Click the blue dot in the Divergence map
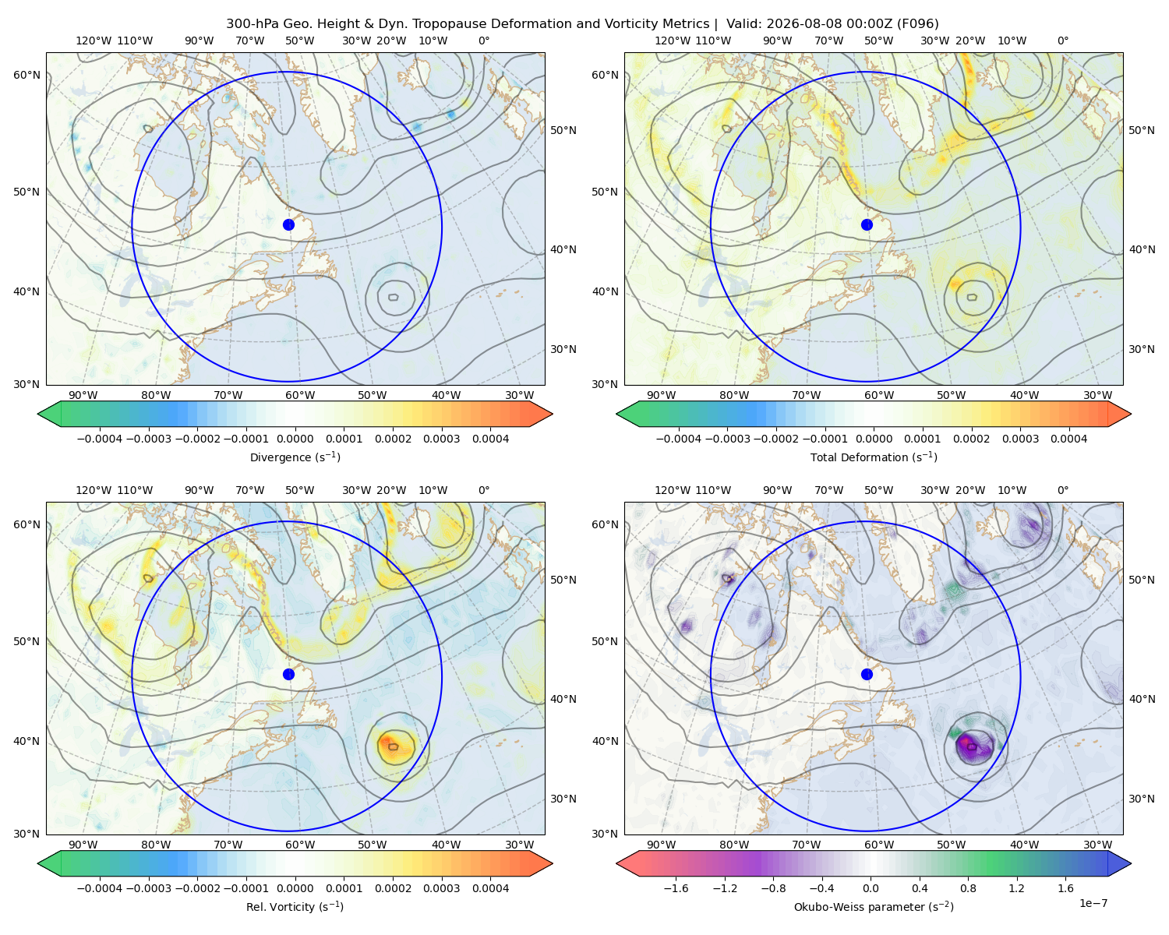(288, 224)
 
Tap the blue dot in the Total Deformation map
(867, 224)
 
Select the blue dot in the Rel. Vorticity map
(288, 674)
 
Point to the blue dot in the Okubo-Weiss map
(867, 674)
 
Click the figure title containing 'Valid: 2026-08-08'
(582, 23)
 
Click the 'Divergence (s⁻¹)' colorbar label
(295, 457)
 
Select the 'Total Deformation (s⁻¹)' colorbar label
(874, 457)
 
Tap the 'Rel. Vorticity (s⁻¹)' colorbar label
(295, 906)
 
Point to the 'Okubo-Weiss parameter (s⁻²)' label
(874, 906)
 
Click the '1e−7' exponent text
(1093, 903)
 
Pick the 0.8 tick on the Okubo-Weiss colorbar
(968, 888)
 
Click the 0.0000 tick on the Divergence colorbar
(295, 439)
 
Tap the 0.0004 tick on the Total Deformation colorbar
(1068, 439)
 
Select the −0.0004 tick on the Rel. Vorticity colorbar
(100, 888)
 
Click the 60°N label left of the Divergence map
(26, 75)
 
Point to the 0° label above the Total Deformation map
(1062, 41)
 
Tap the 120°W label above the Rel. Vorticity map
(94, 490)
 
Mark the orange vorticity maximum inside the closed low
(389, 744)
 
